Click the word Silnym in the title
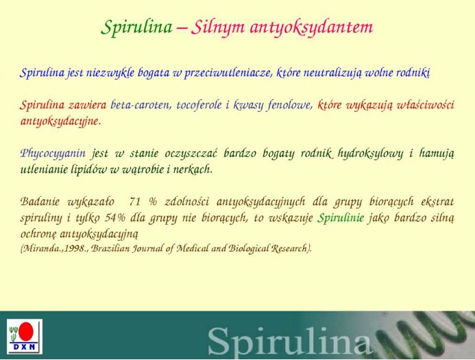point(217,28)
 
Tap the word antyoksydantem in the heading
point(311,27)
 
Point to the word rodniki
point(413,73)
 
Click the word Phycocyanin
point(53,154)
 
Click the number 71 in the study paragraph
point(135,202)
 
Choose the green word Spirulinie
point(341,218)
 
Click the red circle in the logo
point(26,331)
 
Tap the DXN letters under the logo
point(24,347)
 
